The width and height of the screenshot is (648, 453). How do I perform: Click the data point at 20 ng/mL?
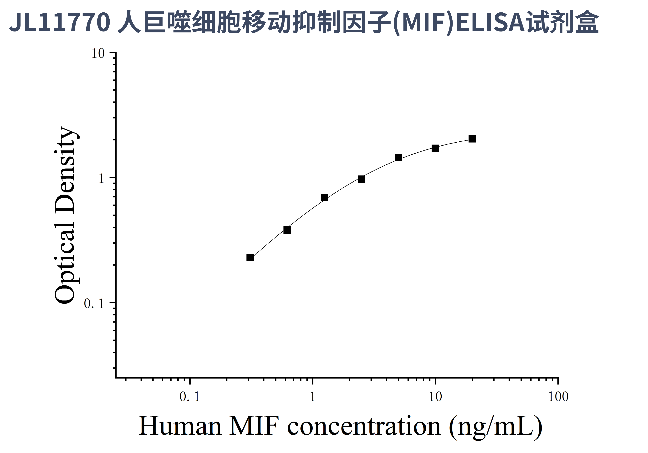[472, 139]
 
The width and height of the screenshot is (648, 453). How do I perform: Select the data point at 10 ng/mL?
[435, 148]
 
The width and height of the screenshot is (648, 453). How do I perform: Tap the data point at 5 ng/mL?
[398, 158]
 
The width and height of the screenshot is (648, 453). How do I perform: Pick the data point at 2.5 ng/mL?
[361, 179]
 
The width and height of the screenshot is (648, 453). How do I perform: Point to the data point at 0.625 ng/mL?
[287, 230]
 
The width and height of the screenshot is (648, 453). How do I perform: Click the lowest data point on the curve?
[250, 257]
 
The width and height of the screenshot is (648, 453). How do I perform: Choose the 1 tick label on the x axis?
[312, 397]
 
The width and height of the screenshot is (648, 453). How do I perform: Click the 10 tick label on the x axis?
[435, 397]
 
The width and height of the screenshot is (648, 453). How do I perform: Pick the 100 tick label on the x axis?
[558, 397]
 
